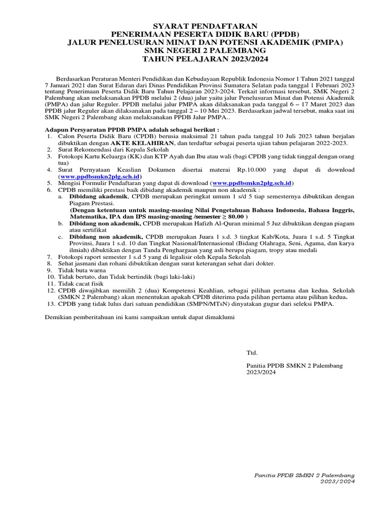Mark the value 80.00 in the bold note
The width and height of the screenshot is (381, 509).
pyautogui.click(x=232, y=217)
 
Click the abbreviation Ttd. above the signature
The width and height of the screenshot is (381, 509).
pyautogui.click(x=252, y=352)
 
